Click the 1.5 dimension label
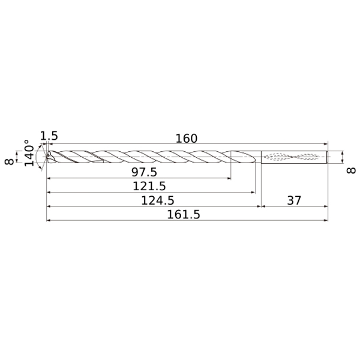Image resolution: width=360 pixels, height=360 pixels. pyautogui.click(x=49, y=136)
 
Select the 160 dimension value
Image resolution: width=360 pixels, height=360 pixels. pyautogui.click(x=186, y=139)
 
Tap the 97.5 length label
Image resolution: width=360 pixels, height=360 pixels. pyautogui.click(x=144, y=172)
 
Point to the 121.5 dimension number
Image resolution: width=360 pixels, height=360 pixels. pyautogui.click(x=149, y=186)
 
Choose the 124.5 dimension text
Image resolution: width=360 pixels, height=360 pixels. pyautogui.click(x=157, y=200)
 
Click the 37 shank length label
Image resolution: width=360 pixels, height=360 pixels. pyautogui.click(x=294, y=200)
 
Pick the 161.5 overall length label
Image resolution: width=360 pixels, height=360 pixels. pyautogui.click(x=184, y=215)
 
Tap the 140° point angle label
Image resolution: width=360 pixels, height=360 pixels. pyautogui.click(x=29, y=153)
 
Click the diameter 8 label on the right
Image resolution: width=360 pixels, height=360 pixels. pyautogui.click(x=351, y=170)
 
